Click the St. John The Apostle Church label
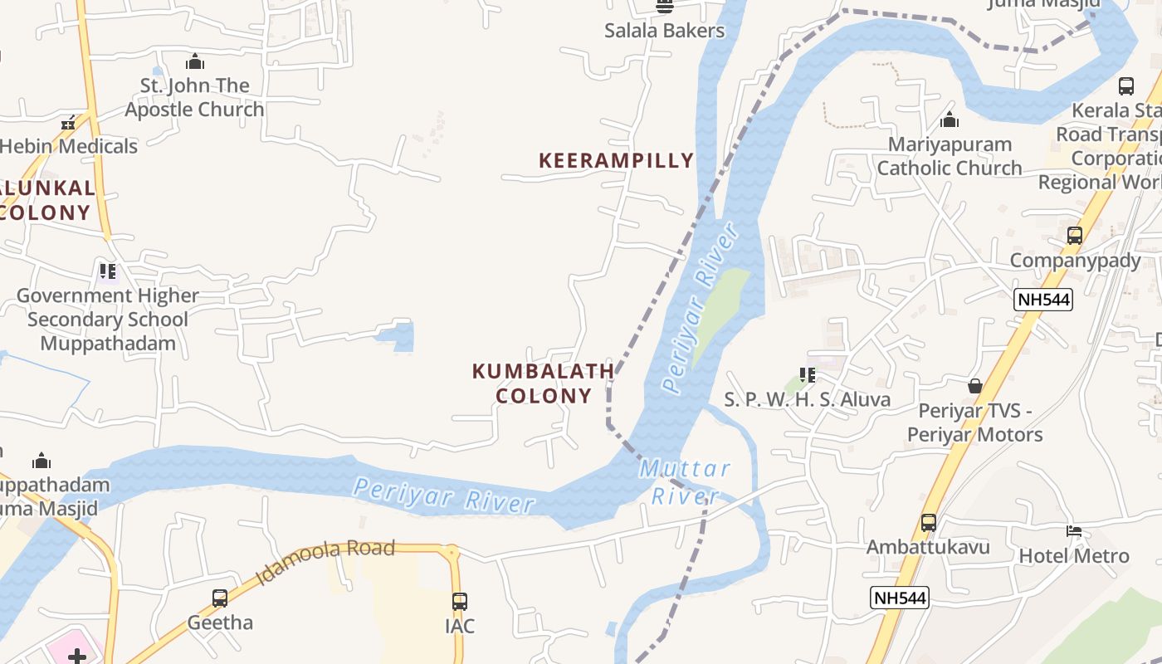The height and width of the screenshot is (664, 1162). (x=194, y=97)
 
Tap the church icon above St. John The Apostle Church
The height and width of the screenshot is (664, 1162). (x=195, y=61)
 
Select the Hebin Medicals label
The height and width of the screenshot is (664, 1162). (x=68, y=146)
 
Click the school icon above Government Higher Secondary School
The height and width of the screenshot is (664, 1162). (x=108, y=271)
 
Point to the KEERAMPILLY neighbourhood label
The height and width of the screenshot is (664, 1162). (x=616, y=160)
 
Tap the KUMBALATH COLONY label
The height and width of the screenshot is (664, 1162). (x=544, y=383)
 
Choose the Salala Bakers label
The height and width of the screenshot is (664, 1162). (x=664, y=31)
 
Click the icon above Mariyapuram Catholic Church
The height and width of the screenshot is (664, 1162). (x=950, y=120)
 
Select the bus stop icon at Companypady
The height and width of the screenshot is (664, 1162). (x=1075, y=236)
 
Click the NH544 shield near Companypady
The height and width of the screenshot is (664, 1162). (x=1043, y=300)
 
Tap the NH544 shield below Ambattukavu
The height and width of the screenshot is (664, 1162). (x=900, y=597)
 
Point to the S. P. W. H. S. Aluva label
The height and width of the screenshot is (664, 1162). (x=807, y=399)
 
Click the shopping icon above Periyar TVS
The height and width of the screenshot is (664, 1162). (x=975, y=386)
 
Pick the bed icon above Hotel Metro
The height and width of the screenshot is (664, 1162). (x=1074, y=531)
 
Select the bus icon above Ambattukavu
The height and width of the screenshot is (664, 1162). (x=929, y=523)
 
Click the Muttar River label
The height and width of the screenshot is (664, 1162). (x=686, y=482)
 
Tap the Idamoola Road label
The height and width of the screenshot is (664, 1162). (x=325, y=561)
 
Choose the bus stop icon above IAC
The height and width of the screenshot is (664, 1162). (x=460, y=601)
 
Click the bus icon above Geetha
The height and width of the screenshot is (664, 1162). (x=220, y=598)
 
